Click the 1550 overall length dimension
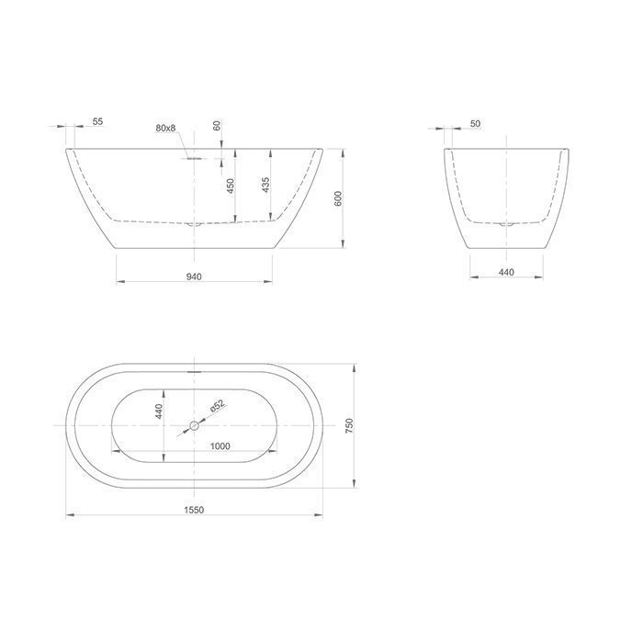194,510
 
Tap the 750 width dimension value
349,425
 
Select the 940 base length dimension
194,276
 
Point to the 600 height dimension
338,198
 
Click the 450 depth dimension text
231,186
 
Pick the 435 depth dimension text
265,185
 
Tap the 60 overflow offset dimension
217,126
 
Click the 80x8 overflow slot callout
165,128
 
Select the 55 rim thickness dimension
97,121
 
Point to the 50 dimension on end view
475,123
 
